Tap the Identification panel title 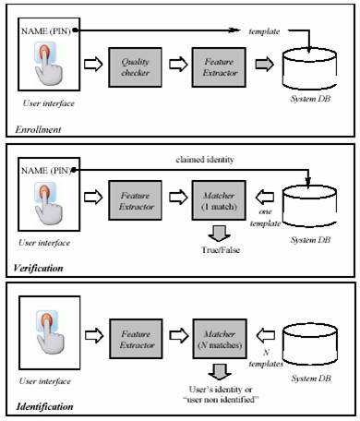point(43,405)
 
